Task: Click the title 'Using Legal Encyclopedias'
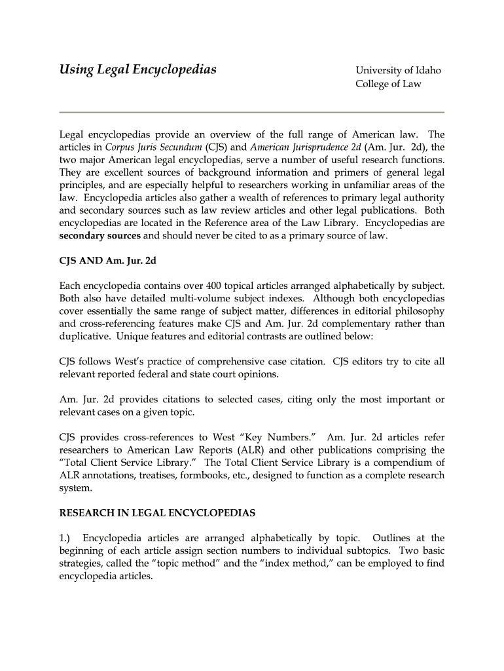click(x=138, y=70)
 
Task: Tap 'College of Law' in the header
click(x=388, y=84)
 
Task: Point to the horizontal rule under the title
click(x=252, y=112)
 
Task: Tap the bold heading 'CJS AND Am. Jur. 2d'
click(x=108, y=261)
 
